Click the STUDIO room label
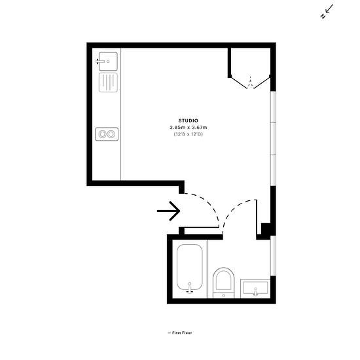point(189,120)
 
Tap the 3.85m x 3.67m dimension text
point(189,127)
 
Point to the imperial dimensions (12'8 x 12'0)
point(189,134)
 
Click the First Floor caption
point(180,333)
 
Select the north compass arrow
point(327,12)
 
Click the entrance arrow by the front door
point(168,211)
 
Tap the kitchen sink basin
point(108,62)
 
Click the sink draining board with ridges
point(108,82)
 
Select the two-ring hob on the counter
point(107,134)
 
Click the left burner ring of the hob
point(102,134)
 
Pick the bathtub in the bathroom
point(190,268)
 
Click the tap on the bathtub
point(190,288)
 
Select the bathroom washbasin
point(255,289)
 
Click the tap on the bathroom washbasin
point(255,291)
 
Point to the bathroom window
point(273,255)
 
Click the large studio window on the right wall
point(273,139)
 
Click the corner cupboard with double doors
point(250,67)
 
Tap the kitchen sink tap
point(100,62)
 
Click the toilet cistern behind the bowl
point(223,295)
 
